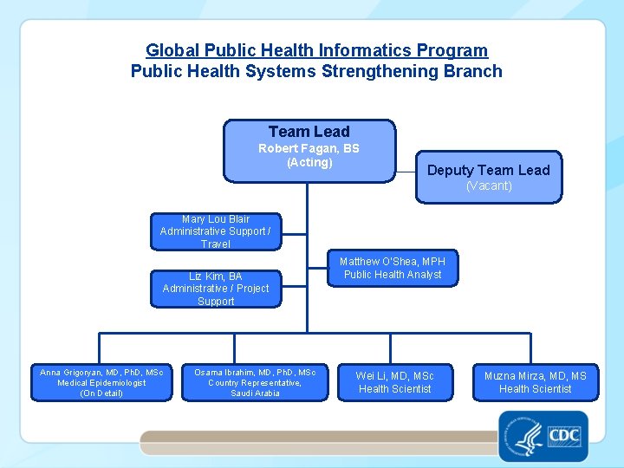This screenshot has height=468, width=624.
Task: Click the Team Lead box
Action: [x=309, y=151]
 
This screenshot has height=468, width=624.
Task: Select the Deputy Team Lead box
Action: [x=488, y=177]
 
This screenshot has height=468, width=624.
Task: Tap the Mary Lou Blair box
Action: [x=216, y=231]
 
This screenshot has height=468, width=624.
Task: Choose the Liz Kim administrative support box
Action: [x=216, y=289]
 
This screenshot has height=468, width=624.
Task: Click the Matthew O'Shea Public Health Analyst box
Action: [x=392, y=268]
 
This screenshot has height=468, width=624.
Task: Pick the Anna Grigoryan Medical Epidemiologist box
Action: [x=101, y=382]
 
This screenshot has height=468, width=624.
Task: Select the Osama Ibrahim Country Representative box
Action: [x=255, y=382]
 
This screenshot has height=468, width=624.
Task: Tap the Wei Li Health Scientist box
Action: [x=394, y=382]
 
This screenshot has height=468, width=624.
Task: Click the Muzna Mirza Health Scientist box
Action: [x=535, y=382]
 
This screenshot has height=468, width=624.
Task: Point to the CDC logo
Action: [x=565, y=436]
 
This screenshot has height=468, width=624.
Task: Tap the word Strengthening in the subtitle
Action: [x=378, y=71]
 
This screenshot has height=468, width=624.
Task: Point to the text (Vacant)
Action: [x=489, y=185]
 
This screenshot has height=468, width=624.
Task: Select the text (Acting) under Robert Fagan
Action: [x=309, y=162]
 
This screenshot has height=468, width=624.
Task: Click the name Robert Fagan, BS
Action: [x=309, y=148]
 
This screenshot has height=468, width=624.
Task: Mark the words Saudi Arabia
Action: [x=255, y=393]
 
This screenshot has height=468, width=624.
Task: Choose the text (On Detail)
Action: [x=101, y=393]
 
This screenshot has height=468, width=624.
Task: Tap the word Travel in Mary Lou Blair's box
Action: [x=216, y=244]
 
